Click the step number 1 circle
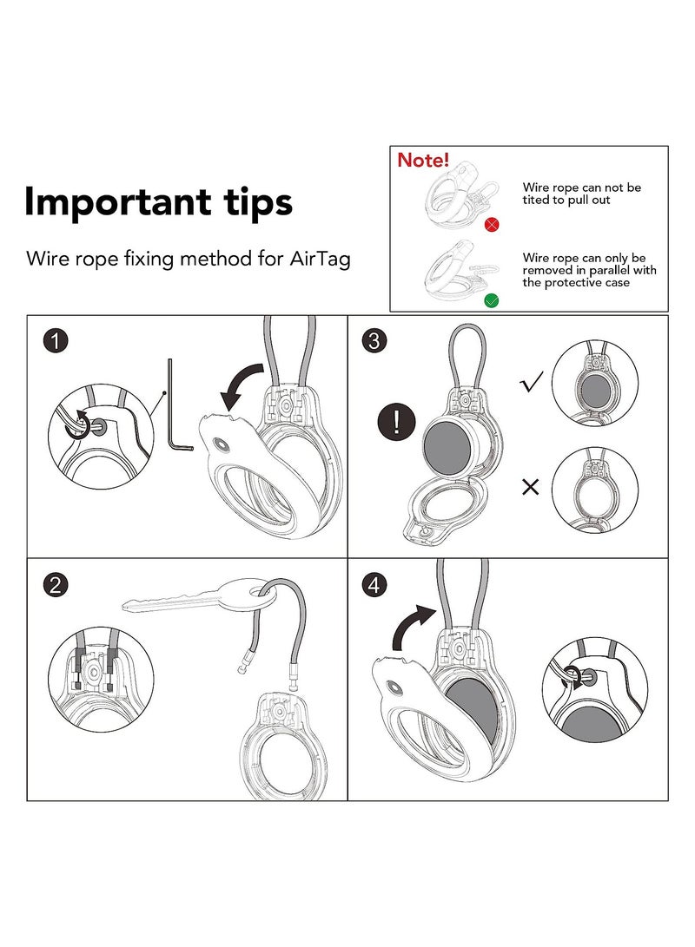coord(55,340)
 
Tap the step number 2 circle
coord(55,585)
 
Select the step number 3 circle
coord(374,340)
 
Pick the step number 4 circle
coord(374,585)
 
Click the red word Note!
coord(423,160)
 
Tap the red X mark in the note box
coord(492,225)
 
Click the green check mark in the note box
coord(492,300)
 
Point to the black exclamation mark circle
coord(396,422)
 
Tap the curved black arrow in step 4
coord(411,625)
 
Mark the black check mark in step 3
coord(532,381)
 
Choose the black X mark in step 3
coord(530,487)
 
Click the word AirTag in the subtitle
coord(321,259)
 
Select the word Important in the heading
coord(118,203)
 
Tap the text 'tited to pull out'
coord(566,201)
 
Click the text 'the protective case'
coord(576,283)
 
